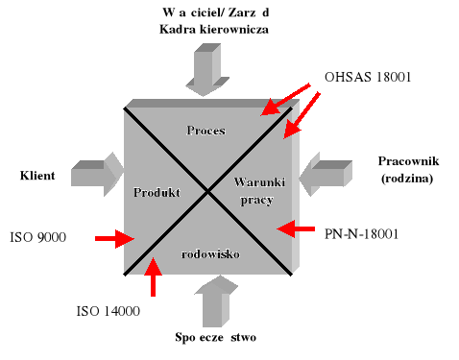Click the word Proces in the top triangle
(x=206, y=130)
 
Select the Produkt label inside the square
(x=158, y=191)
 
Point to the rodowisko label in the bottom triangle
(x=210, y=253)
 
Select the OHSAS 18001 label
(x=369, y=78)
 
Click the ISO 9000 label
(x=37, y=236)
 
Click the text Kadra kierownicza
(x=213, y=30)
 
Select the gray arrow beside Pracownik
(x=325, y=177)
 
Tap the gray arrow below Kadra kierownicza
(x=208, y=70)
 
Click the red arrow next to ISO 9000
(x=113, y=237)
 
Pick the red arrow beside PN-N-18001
(x=297, y=229)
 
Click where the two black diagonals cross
(x=208, y=191)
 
